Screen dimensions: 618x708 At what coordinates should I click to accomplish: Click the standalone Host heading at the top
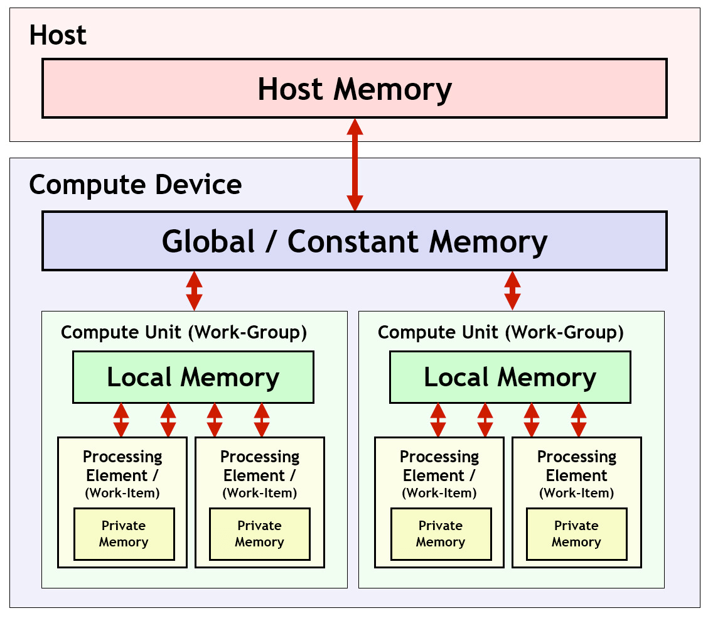(x=58, y=35)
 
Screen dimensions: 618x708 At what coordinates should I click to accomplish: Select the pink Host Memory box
(x=355, y=89)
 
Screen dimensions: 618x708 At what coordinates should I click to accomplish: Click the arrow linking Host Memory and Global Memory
(x=355, y=165)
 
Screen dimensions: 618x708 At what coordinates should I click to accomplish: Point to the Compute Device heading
(x=135, y=185)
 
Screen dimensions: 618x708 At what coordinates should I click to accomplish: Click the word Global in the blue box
(x=208, y=242)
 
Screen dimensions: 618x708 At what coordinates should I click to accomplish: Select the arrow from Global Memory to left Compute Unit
(x=194, y=291)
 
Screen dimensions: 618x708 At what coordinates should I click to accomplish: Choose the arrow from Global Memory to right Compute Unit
(x=513, y=291)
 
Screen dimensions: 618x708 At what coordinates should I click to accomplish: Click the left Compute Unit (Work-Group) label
(x=184, y=332)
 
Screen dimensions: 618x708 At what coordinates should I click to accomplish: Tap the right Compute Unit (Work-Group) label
(x=501, y=332)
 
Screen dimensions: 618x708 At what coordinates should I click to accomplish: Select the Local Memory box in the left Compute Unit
(x=193, y=377)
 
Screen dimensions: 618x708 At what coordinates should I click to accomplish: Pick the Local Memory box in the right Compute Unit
(x=510, y=377)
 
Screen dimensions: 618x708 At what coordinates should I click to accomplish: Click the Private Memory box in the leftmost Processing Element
(x=124, y=534)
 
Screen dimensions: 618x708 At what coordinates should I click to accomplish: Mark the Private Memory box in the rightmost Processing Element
(x=576, y=534)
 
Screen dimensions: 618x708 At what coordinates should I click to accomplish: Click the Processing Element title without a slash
(x=577, y=466)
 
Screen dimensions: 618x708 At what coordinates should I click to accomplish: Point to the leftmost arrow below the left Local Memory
(x=121, y=420)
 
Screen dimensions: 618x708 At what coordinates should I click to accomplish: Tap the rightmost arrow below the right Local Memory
(x=579, y=420)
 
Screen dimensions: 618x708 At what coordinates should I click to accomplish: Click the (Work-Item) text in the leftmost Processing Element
(x=122, y=493)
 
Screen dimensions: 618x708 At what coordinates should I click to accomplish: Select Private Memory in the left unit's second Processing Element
(x=259, y=534)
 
